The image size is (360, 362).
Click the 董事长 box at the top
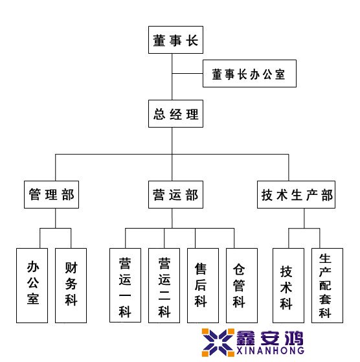175,40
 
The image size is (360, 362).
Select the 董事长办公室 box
249,73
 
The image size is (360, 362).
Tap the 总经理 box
175,113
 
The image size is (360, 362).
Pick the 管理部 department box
51,195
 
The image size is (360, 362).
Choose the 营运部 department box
175,195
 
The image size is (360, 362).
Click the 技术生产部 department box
296,195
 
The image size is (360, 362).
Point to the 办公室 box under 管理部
32,286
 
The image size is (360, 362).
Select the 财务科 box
71,286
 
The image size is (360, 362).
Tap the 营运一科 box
125,286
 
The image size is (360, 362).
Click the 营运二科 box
164,286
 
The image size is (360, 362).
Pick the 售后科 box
203,286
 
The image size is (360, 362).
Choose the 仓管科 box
242,286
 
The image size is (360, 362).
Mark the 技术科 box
288,286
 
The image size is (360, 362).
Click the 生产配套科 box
327,286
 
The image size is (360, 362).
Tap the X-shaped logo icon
218,343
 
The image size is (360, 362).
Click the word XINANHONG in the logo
270,351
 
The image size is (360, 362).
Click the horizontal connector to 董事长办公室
187,74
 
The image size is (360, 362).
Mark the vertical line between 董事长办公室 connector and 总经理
172,87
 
